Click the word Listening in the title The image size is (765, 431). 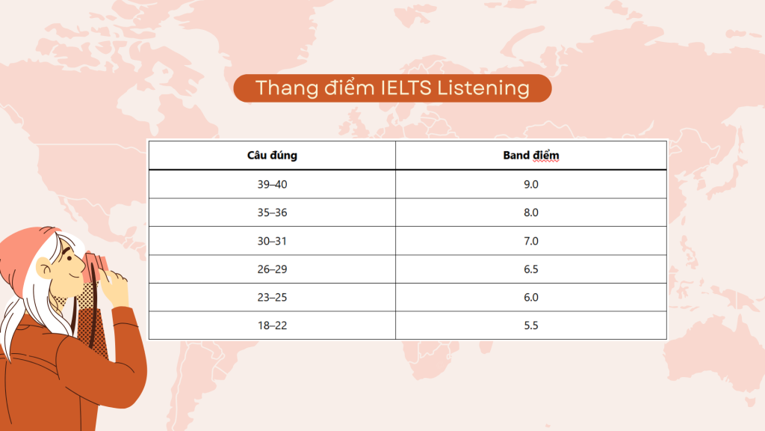[x=483, y=88]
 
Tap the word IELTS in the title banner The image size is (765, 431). [x=406, y=88]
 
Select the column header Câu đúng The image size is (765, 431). [x=272, y=156]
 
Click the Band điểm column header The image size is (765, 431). [x=531, y=156]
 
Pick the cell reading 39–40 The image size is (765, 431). [x=272, y=184]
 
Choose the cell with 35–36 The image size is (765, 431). [x=272, y=213]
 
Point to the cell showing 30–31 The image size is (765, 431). [x=272, y=241]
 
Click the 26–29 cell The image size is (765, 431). [x=272, y=269]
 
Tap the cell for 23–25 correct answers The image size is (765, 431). [x=272, y=297]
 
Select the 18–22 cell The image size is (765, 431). [x=272, y=325]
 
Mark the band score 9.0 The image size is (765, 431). [x=531, y=184]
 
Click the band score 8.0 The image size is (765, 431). [x=531, y=213]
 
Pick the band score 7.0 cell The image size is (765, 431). [x=531, y=241]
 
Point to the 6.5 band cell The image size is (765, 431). [x=531, y=269]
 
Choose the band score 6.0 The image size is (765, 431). [x=531, y=297]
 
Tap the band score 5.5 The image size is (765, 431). [x=531, y=325]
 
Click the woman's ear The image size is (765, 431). [x=44, y=268]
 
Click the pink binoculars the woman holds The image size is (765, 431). [x=95, y=266]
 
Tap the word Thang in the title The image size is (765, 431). [x=287, y=88]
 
